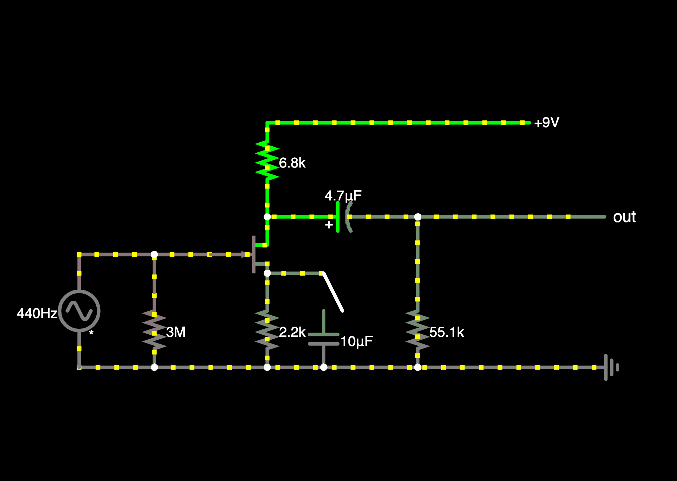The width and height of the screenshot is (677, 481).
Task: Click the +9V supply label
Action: point(546,123)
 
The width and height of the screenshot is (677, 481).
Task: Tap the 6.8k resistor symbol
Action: point(267,160)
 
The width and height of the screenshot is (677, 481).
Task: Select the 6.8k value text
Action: point(292,163)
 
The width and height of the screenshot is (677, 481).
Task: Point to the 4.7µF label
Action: point(343,196)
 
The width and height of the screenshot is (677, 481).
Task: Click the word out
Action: point(624,217)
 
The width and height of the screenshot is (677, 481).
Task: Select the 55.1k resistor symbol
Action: point(418,329)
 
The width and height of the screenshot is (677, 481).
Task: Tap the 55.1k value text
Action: point(446,332)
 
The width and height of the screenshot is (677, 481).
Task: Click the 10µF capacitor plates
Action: point(324,339)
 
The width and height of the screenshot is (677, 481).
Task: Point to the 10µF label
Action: point(357,341)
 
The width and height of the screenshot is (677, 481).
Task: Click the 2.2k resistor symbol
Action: point(267,329)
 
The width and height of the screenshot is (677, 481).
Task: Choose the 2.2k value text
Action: point(292,332)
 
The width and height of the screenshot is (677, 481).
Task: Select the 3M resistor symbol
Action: point(154,329)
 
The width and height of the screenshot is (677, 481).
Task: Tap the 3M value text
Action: point(176,332)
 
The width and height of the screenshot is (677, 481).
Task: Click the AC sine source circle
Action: point(79,311)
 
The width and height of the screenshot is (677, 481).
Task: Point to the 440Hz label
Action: point(37,313)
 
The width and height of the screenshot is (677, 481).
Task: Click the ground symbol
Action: point(611,367)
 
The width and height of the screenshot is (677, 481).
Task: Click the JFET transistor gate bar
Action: point(254,254)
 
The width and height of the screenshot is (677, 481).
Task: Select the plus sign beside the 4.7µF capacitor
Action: point(329,225)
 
